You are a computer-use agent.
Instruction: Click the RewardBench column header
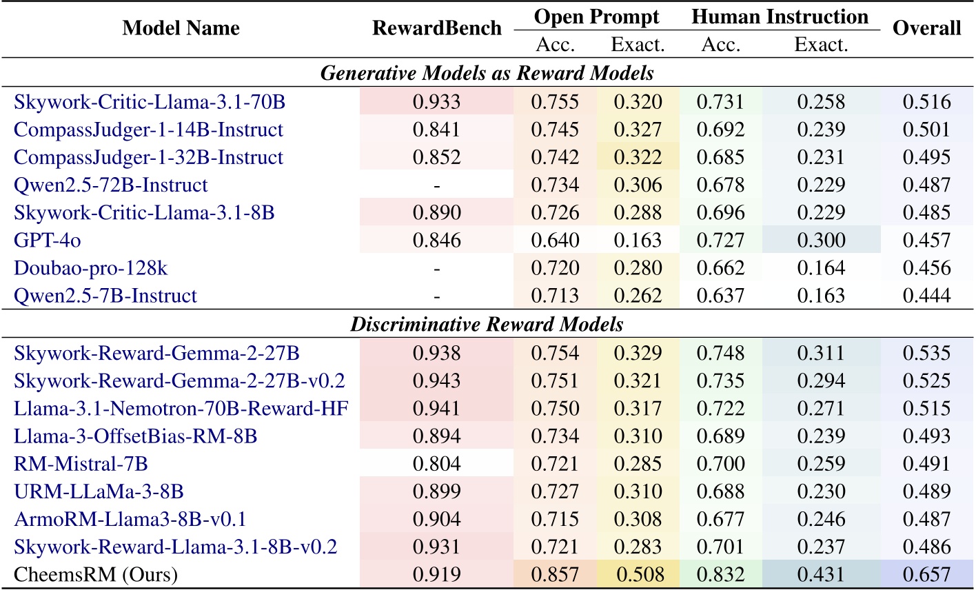(437, 28)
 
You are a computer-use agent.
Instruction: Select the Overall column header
(926, 28)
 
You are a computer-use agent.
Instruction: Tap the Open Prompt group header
(597, 17)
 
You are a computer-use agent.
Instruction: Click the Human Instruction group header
(780, 17)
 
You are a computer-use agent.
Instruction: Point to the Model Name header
(181, 28)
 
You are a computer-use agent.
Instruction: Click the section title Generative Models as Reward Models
(487, 72)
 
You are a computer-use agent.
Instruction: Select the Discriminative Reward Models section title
(487, 324)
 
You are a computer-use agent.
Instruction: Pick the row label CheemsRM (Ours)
(96, 574)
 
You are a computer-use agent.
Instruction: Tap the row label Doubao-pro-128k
(90, 268)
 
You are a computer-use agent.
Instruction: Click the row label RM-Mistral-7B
(81, 464)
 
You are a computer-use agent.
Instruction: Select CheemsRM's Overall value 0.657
(926, 574)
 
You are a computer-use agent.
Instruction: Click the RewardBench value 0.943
(436, 381)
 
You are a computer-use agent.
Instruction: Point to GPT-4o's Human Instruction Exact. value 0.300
(821, 241)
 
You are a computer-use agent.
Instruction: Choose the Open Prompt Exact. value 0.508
(638, 574)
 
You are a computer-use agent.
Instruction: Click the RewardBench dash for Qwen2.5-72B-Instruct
(436, 185)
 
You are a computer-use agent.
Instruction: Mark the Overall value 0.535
(926, 354)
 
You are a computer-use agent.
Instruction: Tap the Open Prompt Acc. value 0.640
(555, 241)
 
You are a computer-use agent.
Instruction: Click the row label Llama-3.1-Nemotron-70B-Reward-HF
(181, 409)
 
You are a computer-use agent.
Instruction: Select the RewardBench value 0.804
(436, 464)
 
